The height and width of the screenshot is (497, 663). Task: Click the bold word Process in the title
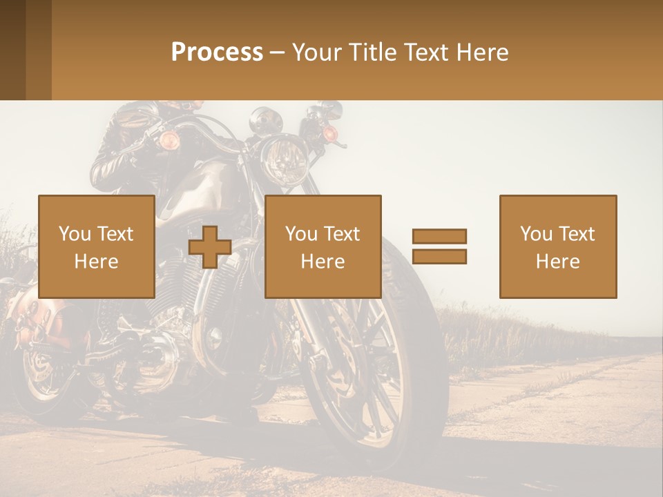click(217, 52)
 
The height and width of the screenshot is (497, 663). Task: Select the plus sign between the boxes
click(210, 247)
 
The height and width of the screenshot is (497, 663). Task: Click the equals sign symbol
click(439, 246)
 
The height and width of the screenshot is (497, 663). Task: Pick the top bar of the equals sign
click(439, 236)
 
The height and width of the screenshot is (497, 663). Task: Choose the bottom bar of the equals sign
click(439, 257)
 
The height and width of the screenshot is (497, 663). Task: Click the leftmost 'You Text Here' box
click(97, 246)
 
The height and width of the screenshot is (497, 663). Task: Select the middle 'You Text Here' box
click(323, 246)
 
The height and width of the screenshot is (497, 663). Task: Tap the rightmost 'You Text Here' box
click(558, 246)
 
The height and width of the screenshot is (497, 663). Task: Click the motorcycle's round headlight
click(284, 158)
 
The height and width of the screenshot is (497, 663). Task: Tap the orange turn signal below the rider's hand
click(169, 141)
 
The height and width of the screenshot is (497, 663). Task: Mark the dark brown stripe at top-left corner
click(12, 50)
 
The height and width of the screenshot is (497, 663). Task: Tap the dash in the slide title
click(278, 52)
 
